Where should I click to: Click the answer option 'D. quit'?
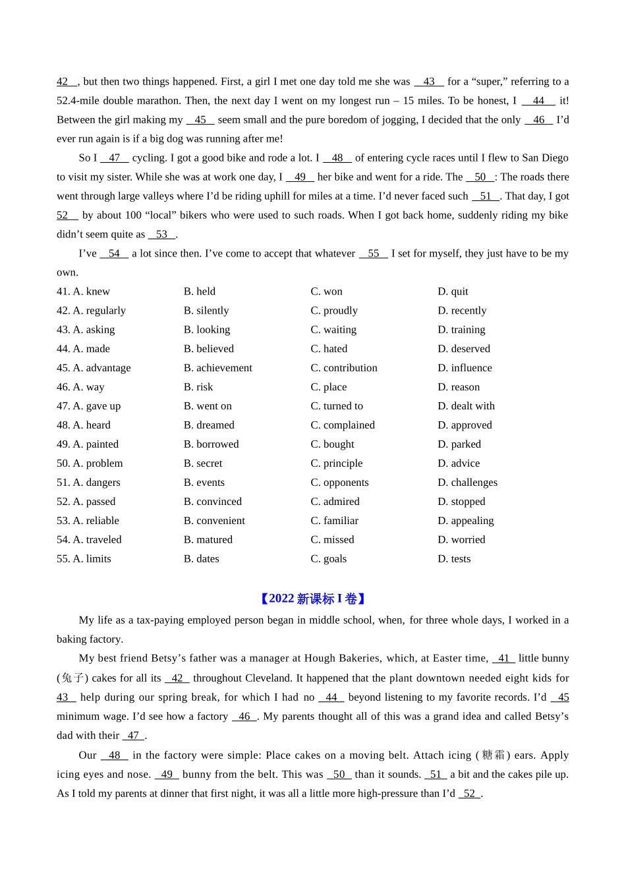pyautogui.click(x=453, y=291)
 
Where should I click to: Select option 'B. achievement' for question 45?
pyautogui.click(x=217, y=368)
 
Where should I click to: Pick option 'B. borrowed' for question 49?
pyautogui.click(x=211, y=444)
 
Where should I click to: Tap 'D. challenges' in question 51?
pyautogui.click(x=467, y=483)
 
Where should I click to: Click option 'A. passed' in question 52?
pyautogui.click(x=86, y=502)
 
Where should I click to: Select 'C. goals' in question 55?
pyautogui.click(x=328, y=559)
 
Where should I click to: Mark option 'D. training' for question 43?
pyautogui.click(x=461, y=330)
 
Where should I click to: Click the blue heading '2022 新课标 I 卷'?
pyautogui.click(x=312, y=599)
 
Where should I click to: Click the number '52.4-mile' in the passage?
pyautogui.click(x=78, y=101)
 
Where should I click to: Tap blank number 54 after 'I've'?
pyautogui.click(x=114, y=254)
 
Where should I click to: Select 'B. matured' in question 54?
pyautogui.click(x=208, y=540)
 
